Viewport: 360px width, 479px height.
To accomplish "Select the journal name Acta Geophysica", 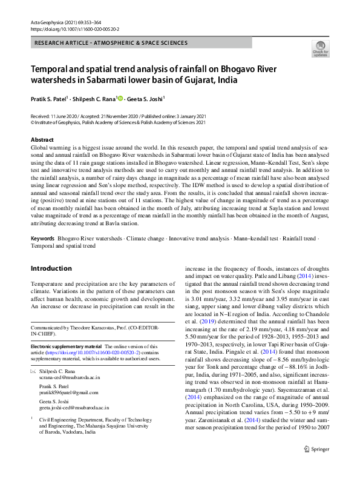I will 48,22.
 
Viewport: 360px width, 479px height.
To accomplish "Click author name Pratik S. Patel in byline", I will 50,98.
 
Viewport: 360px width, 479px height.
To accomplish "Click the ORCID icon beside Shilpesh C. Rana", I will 120,98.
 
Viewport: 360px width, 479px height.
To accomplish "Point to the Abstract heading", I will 42,140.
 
